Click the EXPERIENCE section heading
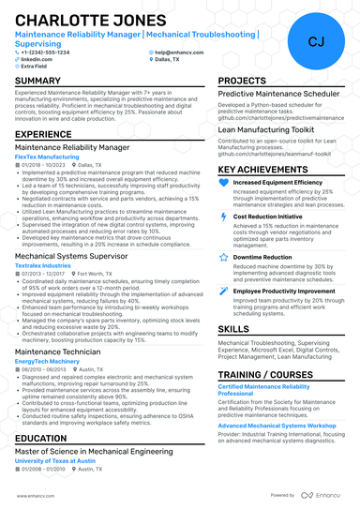click(x=43, y=135)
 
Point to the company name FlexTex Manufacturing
click(x=47, y=157)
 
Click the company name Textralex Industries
click(x=42, y=265)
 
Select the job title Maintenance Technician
click(x=58, y=352)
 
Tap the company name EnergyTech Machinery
click(x=47, y=362)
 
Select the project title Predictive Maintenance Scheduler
click(x=279, y=95)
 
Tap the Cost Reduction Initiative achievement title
click(x=267, y=217)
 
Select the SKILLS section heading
click(x=233, y=330)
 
